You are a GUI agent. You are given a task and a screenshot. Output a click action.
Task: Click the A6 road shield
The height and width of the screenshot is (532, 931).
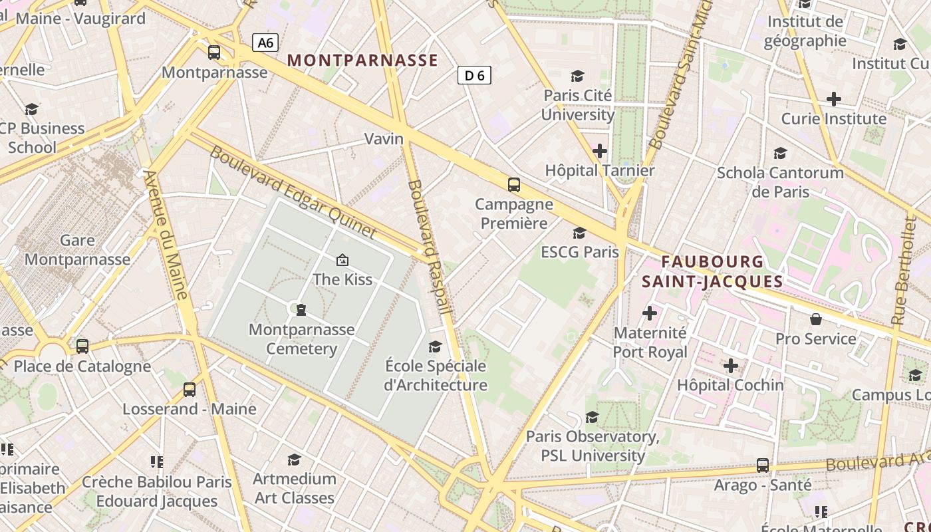click(x=265, y=43)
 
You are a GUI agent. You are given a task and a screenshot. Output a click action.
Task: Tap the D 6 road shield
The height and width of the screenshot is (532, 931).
click(x=474, y=75)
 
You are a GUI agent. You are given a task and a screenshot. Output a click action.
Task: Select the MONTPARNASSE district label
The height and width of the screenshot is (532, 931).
click(x=362, y=61)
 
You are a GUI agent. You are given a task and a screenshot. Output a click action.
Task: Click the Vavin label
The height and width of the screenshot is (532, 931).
click(x=384, y=139)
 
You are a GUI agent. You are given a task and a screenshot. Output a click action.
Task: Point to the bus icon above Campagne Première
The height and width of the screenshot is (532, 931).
click(x=513, y=185)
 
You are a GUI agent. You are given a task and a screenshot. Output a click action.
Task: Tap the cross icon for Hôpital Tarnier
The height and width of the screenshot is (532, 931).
click(x=600, y=151)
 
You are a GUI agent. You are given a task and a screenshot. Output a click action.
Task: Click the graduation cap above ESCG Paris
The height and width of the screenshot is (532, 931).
click(x=580, y=233)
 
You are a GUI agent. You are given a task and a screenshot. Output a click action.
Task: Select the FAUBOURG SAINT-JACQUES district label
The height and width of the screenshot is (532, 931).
click(x=713, y=271)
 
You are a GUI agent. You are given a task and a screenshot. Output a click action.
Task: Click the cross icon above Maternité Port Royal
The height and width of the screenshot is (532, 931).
click(x=650, y=313)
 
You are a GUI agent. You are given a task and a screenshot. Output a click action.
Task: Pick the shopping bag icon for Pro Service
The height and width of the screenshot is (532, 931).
click(x=816, y=320)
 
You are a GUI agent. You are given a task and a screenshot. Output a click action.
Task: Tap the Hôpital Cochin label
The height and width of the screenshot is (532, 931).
click(x=730, y=385)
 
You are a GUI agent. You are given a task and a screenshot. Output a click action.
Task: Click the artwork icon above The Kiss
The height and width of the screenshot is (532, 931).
click(x=342, y=259)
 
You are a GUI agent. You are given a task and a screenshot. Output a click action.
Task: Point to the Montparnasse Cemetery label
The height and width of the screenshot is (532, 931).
click(x=302, y=339)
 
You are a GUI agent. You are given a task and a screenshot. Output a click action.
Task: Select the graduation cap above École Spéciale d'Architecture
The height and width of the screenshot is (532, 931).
click(x=435, y=346)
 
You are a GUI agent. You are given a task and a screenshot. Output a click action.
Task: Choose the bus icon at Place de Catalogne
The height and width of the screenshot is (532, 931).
click(x=82, y=346)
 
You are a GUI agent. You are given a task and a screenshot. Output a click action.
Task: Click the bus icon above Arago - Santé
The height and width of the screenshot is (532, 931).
click(x=763, y=465)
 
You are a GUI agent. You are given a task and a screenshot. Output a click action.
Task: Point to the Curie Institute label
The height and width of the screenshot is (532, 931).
click(x=833, y=119)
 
